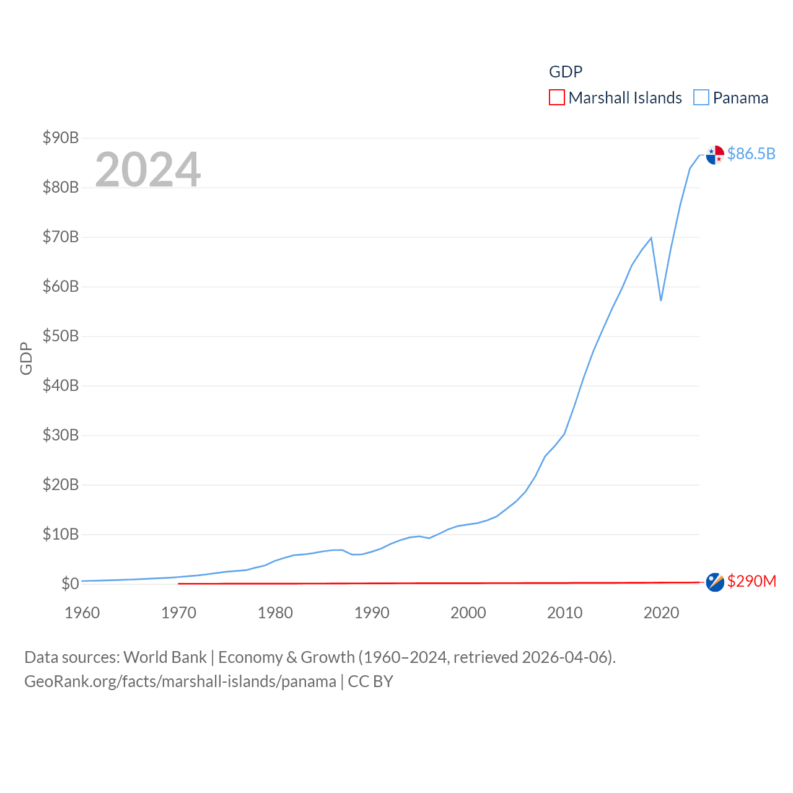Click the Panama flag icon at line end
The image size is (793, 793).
pos(715,155)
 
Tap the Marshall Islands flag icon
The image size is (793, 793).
pos(715,582)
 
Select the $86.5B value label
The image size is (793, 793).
pos(751,154)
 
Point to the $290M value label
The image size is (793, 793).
pos(751,581)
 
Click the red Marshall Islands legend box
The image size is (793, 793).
pos(557,98)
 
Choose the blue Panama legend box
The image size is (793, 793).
pos(701,98)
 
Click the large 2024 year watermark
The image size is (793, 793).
pos(148,169)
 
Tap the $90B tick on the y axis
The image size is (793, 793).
pos(61,138)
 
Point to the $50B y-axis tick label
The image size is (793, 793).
pos(61,336)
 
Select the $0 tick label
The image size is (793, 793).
pos(70,584)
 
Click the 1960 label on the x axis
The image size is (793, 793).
pos(82,613)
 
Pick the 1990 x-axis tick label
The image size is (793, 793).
pos(372,613)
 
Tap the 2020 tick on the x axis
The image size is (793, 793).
pos(661,613)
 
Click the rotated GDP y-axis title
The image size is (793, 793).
pos(26,358)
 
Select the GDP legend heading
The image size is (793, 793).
pos(566,72)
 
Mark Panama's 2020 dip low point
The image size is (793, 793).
pos(661,300)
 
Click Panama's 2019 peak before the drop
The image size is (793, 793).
pos(651,237)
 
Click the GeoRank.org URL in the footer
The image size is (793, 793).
pos(180,681)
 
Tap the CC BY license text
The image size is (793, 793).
pos(370,681)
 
